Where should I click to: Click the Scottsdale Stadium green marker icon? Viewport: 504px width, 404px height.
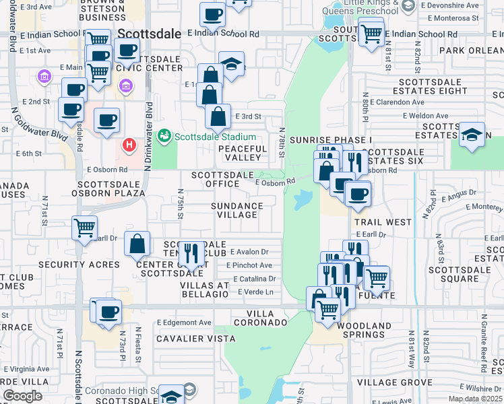[164, 136]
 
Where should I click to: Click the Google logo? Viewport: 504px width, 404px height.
[22, 396]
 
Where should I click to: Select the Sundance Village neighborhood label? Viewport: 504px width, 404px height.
[237, 210]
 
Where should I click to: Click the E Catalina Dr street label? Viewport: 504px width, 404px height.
[255, 278]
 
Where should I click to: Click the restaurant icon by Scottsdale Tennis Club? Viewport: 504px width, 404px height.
[191, 254]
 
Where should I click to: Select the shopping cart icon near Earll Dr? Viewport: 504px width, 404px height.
[85, 228]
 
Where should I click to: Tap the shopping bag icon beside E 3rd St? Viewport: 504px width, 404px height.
[218, 116]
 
